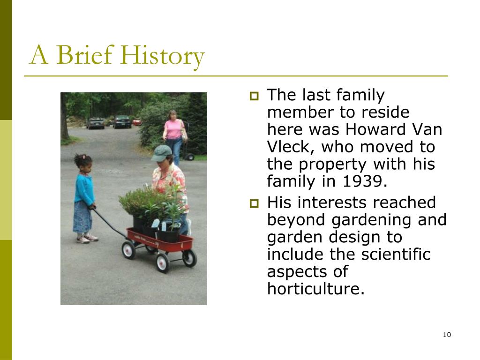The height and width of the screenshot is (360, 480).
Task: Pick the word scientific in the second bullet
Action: tap(396, 254)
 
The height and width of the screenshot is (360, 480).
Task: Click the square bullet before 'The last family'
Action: tap(254, 97)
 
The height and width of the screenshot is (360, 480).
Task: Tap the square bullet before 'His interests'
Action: tap(254, 203)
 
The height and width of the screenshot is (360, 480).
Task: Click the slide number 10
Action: tap(447, 335)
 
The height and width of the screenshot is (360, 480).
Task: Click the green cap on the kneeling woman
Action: tap(161, 153)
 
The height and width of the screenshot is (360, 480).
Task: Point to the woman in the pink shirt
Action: tap(174, 136)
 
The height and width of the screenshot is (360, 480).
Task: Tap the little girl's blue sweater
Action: tap(84, 190)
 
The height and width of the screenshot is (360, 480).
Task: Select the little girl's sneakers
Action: tap(87, 239)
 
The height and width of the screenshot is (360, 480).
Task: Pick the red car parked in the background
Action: tap(137, 122)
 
